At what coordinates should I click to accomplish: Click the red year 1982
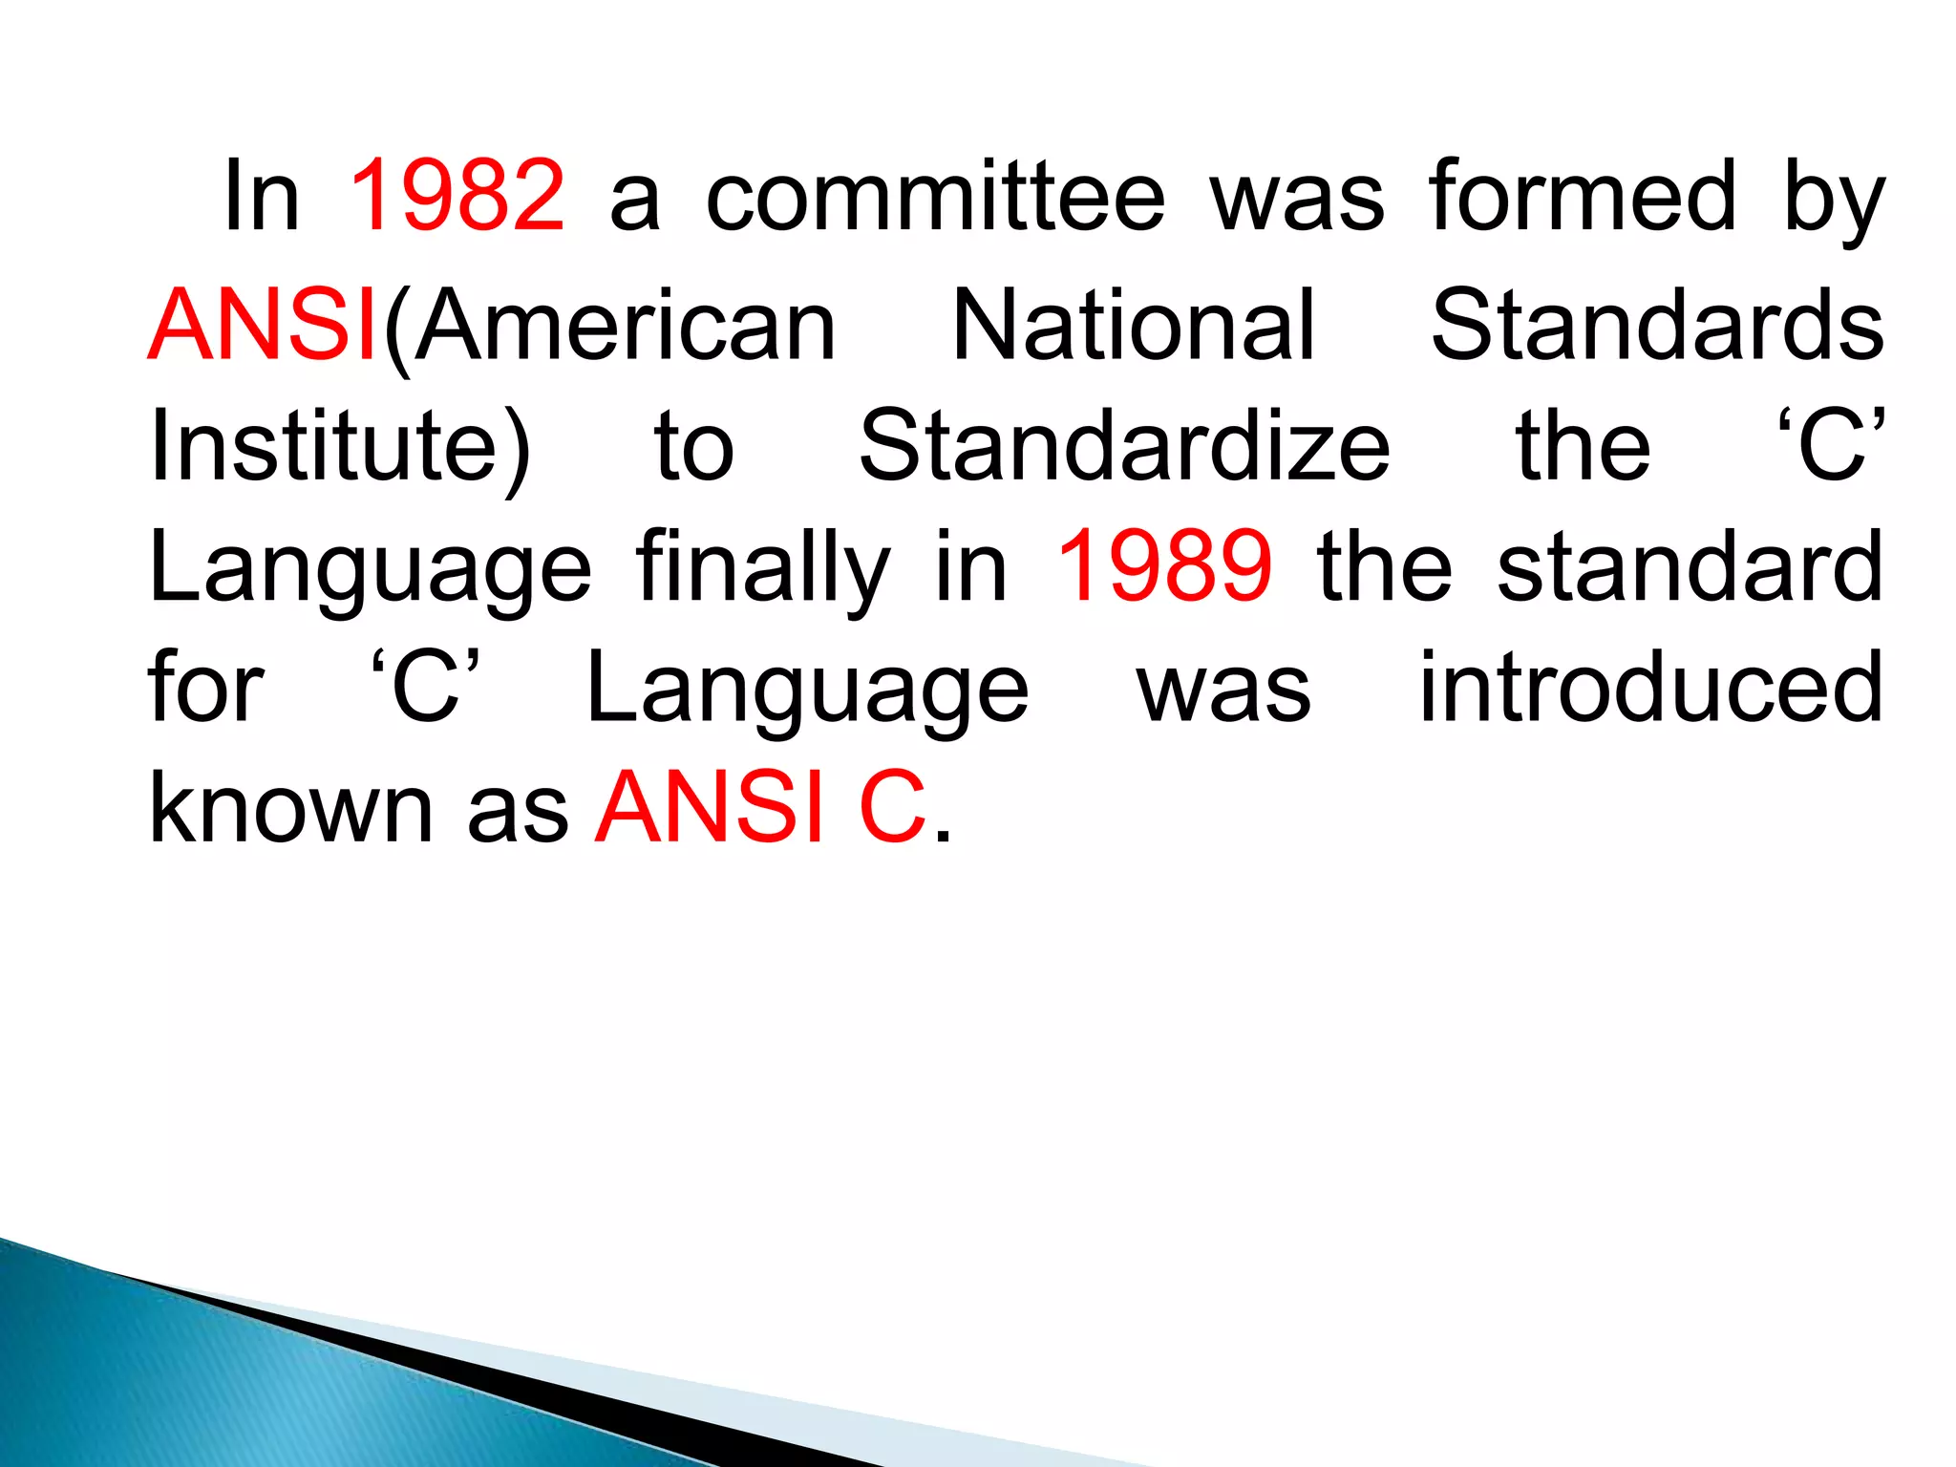pyautogui.click(x=457, y=196)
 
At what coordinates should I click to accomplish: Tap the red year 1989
pyautogui.click(x=1164, y=566)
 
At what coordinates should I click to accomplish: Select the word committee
pyautogui.click(x=935, y=196)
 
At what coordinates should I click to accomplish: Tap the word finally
pyautogui.click(x=763, y=570)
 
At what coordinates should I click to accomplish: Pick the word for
pyautogui.click(x=205, y=687)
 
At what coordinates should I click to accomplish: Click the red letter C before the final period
pyautogui.click(x=892, y=808)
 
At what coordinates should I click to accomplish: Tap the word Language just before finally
pyautogui.click(x=370, y=570)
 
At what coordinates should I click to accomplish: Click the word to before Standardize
pyautogui.click(x=693, y=447)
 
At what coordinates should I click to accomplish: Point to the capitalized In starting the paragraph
pyautogui.click(x=261, y=196)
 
